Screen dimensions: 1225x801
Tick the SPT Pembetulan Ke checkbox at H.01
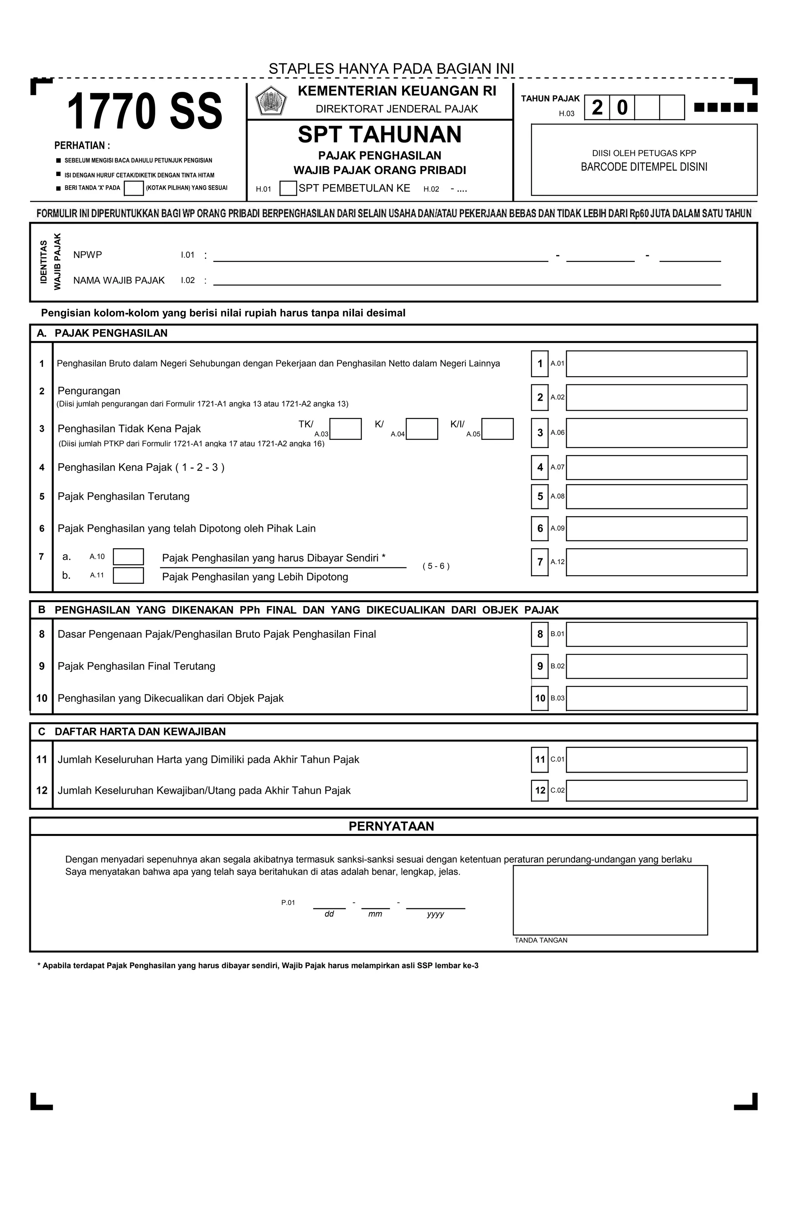coord(288,188)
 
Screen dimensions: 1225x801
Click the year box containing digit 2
coord(597,108)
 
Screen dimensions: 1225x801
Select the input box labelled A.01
coord(656,364)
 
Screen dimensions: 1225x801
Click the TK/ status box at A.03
coord(345,429)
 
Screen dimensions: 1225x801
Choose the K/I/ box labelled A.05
coord(497,429)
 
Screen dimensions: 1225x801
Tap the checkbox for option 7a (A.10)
coord(128,557)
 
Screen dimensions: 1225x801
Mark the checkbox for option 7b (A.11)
coord(128,576)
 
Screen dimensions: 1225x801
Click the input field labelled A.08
coord(656,497)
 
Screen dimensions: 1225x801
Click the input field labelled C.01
coord(656,760)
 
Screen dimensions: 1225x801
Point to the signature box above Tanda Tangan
coord(610,900)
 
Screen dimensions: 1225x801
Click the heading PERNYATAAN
coord(391,826)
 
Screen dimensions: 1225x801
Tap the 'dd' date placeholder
coord(329,914)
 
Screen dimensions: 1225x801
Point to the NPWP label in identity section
coord(88,255)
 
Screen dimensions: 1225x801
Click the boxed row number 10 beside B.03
coord(539,698)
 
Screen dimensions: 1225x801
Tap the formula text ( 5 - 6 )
coord(436,566)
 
